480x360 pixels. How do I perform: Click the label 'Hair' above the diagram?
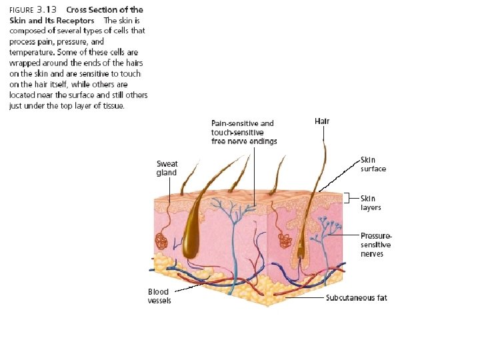322,121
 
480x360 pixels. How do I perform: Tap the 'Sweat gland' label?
167,168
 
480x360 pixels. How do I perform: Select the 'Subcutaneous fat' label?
356,298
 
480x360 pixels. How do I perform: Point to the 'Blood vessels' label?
159,296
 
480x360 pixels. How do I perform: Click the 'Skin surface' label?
373,164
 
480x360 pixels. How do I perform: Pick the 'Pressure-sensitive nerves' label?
376,245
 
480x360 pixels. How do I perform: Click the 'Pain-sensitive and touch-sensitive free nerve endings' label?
243,132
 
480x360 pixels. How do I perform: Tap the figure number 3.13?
47,10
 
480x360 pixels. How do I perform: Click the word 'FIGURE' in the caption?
20,11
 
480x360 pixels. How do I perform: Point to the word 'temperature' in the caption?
33,51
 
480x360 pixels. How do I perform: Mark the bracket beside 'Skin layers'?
347,198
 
